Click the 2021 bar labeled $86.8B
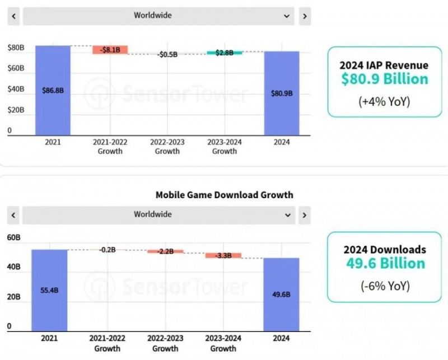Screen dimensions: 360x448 tap(53, 90)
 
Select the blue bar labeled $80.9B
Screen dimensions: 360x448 tap(281, 93)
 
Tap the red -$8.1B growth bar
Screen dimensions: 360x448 tap(110, 50)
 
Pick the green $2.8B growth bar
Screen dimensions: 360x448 tap(224, 53)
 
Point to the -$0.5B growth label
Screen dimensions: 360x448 tap(167, 54)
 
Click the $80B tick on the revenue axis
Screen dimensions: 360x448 tap(16, 48)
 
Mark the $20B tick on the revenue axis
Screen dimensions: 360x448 tap(16, 110)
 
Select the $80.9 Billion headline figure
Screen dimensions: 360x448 tap(385, 79)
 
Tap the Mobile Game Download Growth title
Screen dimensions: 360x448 tap(224, 195)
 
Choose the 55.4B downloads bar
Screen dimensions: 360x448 tap(49, 290)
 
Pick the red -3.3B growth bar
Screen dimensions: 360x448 tap(223, 255)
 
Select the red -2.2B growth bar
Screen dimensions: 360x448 tap(165, 251)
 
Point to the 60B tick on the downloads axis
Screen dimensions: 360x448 tap(14, 237)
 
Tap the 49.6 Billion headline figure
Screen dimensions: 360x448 tap(385, 263)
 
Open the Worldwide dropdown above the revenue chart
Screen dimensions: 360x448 tap(159, 16)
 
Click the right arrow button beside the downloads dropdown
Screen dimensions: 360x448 tap(305, 214)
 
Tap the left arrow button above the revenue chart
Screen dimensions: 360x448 tap(13, 16)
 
